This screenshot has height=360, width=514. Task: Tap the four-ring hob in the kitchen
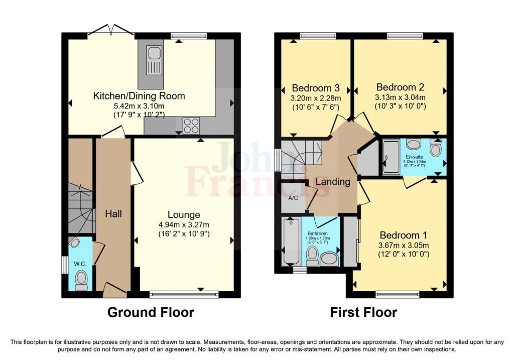pos(191,125)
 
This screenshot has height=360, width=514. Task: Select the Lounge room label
pos(184,214)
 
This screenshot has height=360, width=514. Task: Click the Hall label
pos(113,213)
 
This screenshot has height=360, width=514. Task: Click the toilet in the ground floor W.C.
pos(80,278)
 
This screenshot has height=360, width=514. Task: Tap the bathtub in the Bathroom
pos(290,242)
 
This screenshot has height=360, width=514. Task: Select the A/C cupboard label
pos(293,198)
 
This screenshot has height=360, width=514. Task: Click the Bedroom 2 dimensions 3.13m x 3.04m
pos(401,97)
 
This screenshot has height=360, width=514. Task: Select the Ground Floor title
pos(151,312)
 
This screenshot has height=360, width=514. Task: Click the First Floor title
pos(363,312)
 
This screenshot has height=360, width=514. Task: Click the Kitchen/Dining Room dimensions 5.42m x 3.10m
pos(139,106)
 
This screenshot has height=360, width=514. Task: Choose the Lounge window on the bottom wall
pos(184,294)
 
